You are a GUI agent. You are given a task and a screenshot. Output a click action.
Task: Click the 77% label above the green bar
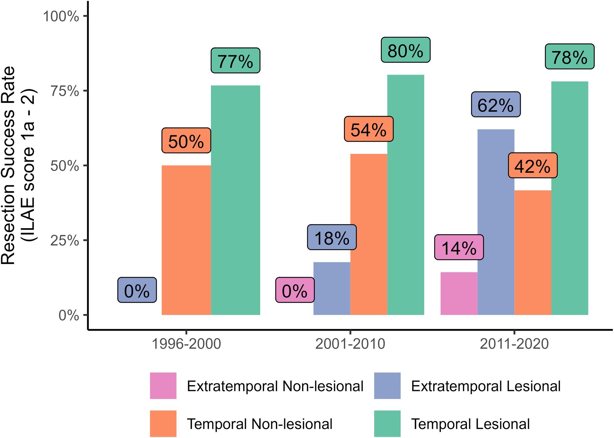(235, 61)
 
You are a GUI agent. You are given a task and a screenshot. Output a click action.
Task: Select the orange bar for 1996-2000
(186, 239)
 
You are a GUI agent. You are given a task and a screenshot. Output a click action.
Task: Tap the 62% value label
(495, 104)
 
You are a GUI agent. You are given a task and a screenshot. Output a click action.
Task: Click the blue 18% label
(332, 237)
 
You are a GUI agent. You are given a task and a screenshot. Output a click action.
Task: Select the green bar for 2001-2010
(405, 195)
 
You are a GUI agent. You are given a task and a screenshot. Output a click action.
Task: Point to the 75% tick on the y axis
(65, 91)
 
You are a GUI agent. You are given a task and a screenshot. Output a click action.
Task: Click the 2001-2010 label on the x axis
(350, 344)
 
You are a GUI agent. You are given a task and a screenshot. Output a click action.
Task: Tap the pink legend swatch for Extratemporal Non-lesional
(163, 386)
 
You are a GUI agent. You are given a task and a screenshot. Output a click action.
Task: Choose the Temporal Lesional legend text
(470, 424)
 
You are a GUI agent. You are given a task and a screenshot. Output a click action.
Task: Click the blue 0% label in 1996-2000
(137, 290)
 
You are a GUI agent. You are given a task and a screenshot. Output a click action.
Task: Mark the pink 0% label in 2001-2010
(295, 290)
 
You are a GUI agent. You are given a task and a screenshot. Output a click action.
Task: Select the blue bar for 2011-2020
(496, 222)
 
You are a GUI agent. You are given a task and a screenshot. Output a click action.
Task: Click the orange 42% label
(532, 165)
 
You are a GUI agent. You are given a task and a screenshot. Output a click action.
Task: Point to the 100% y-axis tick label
(61, 16)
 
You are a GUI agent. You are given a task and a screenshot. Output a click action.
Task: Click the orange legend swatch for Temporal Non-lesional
(163, 424)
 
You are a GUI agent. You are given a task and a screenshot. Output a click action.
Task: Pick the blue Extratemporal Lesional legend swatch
(387, 386)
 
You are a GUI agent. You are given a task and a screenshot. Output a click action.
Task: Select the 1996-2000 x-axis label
(186, 344)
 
